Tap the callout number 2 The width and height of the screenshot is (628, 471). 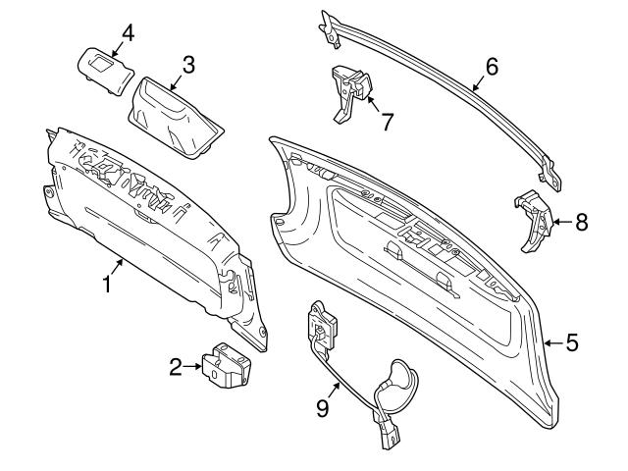coord(177,368)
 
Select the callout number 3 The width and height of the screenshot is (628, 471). coord(188,65)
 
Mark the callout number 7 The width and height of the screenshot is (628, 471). coord(388,123)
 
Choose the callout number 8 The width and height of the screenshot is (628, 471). coord(582,222)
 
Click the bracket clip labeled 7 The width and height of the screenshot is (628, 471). coord(350,91)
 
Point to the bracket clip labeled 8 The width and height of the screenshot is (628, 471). coord(532,221)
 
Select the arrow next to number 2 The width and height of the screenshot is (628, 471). coord(194,368)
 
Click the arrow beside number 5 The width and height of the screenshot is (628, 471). coord(554,342)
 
